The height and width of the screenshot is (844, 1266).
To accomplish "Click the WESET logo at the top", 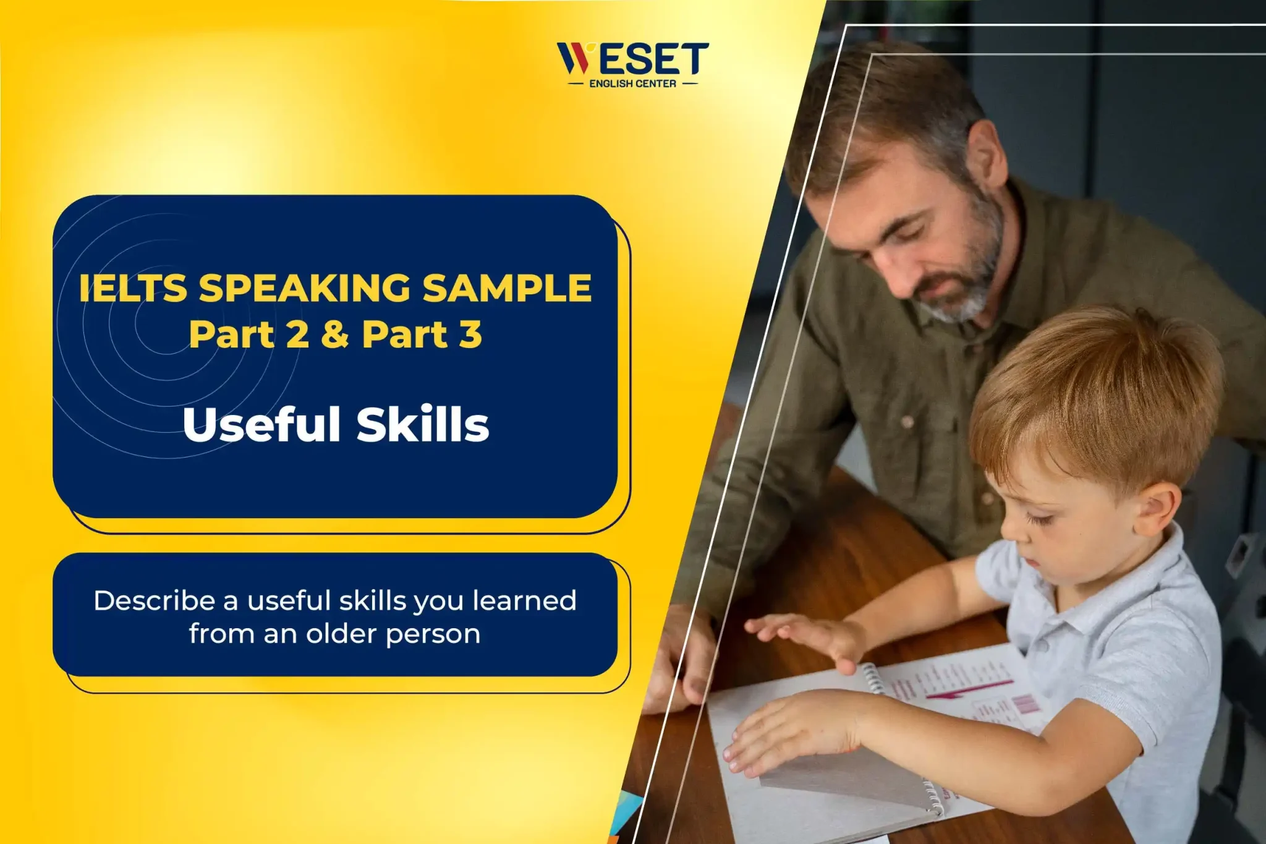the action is point(633,64).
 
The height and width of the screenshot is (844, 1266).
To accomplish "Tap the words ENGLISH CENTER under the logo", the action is point(632,83).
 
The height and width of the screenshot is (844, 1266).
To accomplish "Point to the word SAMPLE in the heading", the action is point(507,288).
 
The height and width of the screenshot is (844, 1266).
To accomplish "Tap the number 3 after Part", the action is point(470,335).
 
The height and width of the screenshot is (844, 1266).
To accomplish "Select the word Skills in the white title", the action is point(423,424).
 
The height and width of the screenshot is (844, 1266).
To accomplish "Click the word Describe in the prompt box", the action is point(154,601).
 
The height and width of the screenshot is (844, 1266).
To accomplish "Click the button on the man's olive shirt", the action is point(907,422).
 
